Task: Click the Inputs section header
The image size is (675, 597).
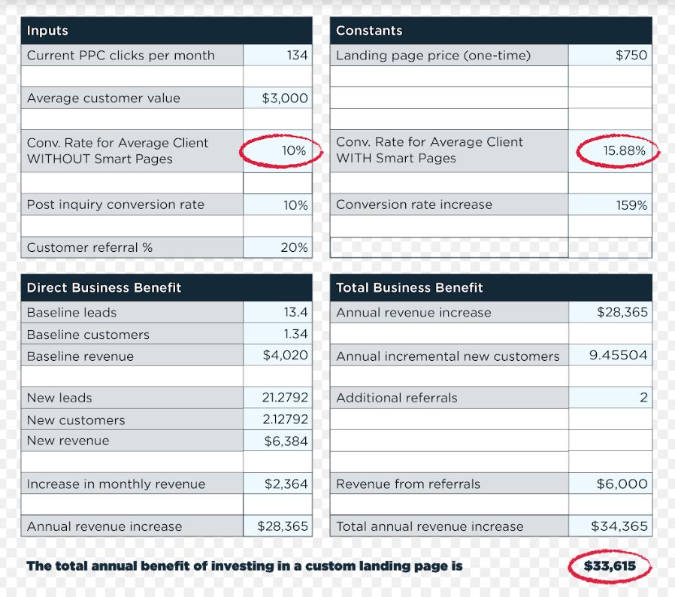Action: tap(47, 31)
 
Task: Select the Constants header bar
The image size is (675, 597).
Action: tap(369, 31)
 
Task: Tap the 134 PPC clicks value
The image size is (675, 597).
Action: tap(297, 56)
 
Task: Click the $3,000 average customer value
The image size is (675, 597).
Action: tap(285, 98)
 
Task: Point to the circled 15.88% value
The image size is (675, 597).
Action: tap(624, 150)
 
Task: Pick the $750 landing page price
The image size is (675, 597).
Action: tap(631, 56)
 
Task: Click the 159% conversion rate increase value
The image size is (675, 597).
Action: tap(631, 205)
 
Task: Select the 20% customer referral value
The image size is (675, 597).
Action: tap(294, 247)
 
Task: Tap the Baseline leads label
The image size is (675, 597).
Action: tap(71, 313)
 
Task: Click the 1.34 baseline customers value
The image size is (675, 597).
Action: tap(295, 334)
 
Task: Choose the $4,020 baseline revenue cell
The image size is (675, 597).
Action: tap(285, 356)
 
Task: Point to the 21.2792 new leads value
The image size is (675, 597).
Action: tap(285, 398)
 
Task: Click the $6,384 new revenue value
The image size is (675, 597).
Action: tap(286, 441)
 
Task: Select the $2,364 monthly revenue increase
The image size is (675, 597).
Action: tap(286, 484)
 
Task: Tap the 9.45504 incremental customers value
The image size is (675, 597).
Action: tap(618, 356)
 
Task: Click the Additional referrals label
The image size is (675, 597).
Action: tap(396, 398)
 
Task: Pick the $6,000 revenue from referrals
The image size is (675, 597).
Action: tap(622, 484)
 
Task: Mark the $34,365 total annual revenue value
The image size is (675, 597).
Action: tap(619, 526)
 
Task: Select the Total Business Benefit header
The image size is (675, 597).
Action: tap(409, 288)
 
